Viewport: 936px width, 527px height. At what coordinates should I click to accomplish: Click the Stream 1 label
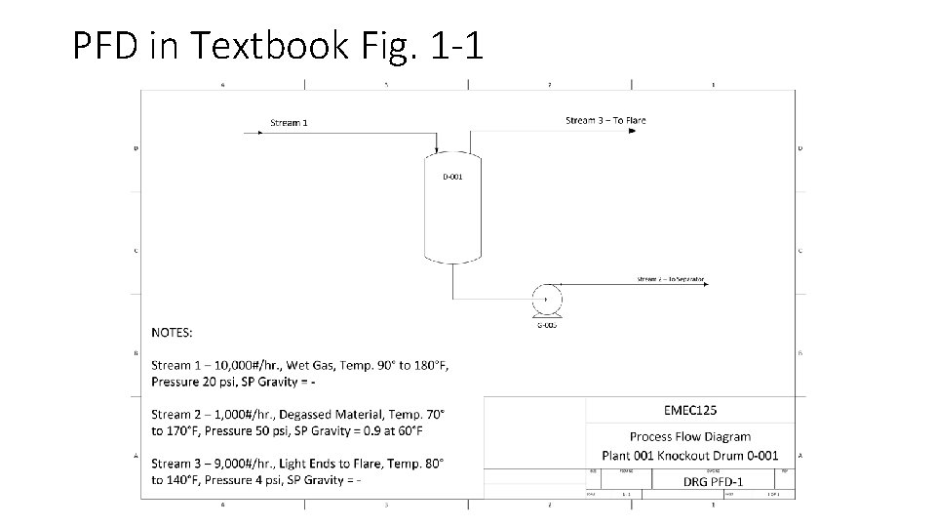click(x=289, y=123)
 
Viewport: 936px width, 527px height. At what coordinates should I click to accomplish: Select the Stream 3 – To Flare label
click(x=605, y=120)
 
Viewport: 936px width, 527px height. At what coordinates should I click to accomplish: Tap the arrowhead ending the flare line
click(x=632, y=131)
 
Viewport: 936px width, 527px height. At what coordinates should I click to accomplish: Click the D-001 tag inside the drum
click(x=452, y=177)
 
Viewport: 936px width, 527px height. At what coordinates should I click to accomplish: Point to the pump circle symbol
click(x=546, y=300)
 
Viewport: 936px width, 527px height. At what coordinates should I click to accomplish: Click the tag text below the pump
click(x=547, y=324)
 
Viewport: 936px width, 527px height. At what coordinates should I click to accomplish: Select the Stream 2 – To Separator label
click(x=670, y=279)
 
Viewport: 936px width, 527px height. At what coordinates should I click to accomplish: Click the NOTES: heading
click(x=172, y=333)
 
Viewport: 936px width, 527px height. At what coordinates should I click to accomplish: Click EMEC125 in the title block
click(x=689, y=410)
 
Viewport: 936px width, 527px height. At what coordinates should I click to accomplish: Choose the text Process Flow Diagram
click(x=689, y=436)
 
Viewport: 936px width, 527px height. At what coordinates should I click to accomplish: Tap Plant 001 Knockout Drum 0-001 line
click(x=689, y=455)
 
